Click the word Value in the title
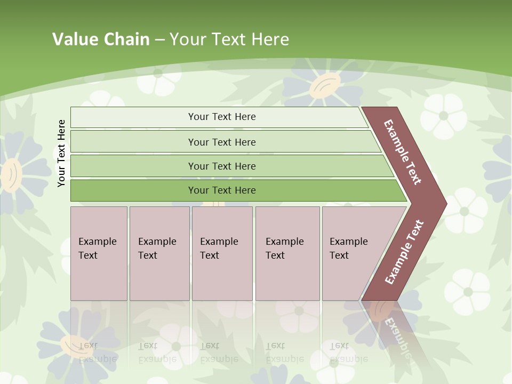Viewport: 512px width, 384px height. [74, 39]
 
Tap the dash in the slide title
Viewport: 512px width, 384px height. [159, 39]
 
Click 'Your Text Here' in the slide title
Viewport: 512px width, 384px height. [229, 39]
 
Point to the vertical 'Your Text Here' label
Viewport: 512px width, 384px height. [61, 153]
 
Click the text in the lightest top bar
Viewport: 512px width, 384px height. [222, 117]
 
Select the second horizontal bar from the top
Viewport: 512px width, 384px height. [222, 142]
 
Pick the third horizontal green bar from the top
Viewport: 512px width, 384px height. [222, 166]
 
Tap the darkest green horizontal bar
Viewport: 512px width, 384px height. [222, 190]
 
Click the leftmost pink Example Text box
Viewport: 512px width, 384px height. [99, 253]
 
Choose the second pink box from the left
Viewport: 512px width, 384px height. [159, 253]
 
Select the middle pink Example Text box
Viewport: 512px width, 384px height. [222, 253]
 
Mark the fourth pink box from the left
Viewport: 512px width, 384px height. [287, 253]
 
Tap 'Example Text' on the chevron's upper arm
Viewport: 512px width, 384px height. [403, 152]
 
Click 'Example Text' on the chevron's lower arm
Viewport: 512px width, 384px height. [404, 252]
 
